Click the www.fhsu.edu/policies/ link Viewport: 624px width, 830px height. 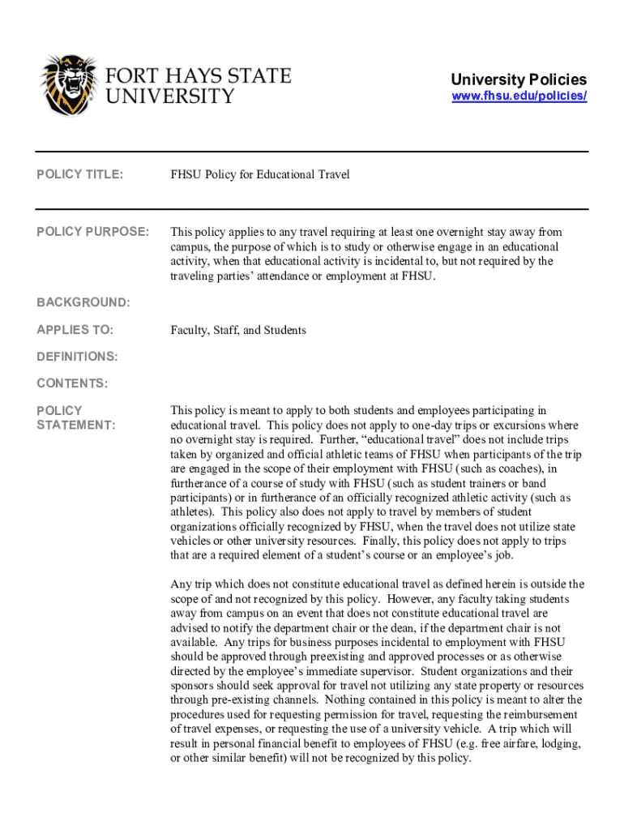tap(519, 96)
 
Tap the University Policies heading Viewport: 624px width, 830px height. tap(519, 79)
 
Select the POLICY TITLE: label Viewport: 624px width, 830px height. tap(79, 175)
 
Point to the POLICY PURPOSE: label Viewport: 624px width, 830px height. tap(92, 233)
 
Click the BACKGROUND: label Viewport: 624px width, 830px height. tap(83, 302)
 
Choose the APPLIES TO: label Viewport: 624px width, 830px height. tap(75, 330)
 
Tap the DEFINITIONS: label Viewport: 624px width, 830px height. tap(77, 357)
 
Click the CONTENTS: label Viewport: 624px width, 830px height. tap(72, 383)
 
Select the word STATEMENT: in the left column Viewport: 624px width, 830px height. tap(75, 426)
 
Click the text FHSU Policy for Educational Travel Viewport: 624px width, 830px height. tap(259, 175)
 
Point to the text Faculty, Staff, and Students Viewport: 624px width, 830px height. tap(238, 330)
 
